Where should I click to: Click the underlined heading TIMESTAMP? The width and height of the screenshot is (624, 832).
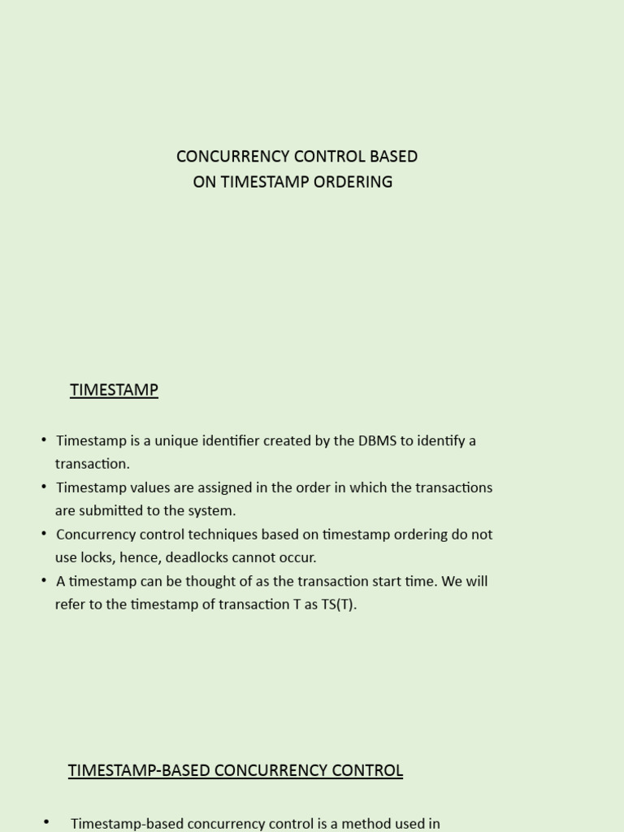tap(114, 390)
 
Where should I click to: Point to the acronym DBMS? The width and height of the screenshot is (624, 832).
tap(377, 440)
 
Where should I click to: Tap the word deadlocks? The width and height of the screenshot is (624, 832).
tap(196, 558)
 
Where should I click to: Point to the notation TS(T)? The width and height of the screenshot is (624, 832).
tap(339, 605)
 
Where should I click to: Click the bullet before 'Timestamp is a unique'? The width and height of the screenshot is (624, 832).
tap(44, 440)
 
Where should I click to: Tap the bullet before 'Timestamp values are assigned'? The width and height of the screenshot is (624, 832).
tap(44, 487)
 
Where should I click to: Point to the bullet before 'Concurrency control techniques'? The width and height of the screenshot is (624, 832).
tap(44, 535)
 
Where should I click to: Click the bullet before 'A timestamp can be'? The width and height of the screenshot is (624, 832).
tap(44, 581)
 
